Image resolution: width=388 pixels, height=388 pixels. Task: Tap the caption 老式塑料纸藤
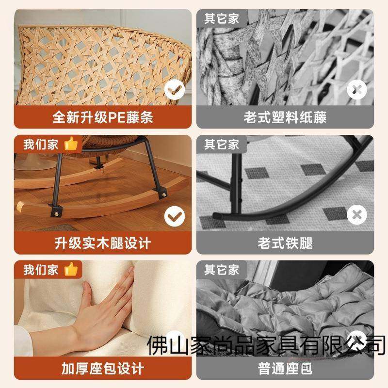[x=285, y=117]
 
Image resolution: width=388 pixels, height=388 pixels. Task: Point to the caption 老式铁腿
[x=285, y=242]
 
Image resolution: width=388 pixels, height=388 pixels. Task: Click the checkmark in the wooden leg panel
[x=174, y=215]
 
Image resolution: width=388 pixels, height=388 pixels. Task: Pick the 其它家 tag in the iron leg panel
[x=222, y=144]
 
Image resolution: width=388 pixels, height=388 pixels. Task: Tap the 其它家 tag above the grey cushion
[x=222, y=269]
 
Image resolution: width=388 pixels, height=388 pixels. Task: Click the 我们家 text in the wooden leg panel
[x=41, y=144]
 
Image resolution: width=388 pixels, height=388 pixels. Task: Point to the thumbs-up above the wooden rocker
[x=71, y=144]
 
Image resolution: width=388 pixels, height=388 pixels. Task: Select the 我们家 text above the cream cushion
[x=41, y=269]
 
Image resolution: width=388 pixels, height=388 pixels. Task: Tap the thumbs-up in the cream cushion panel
[x=71, y=269]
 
